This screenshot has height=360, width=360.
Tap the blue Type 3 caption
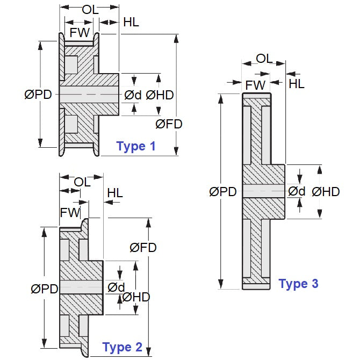coord(298,284)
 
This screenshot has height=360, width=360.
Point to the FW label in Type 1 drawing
coord(80,32)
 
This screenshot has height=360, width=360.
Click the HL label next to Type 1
coord(131,22)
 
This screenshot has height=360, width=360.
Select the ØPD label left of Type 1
coord(38,95)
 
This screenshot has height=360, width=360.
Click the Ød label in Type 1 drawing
coord(133,95)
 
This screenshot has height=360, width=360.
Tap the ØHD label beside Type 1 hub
coord(160,95)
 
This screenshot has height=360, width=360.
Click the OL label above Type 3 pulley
coord(264,58)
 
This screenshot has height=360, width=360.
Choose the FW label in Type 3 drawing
coord(255,85)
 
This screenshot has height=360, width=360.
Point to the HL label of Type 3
coord(297,83)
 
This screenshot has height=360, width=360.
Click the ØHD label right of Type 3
coord(326,191)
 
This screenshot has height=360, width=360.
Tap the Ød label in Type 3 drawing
coord(297,191)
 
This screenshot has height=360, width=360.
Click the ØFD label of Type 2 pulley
coord(143,247)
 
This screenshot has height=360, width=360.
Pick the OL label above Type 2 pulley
coord(82,182)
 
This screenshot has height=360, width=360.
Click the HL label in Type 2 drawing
coord(115,192)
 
